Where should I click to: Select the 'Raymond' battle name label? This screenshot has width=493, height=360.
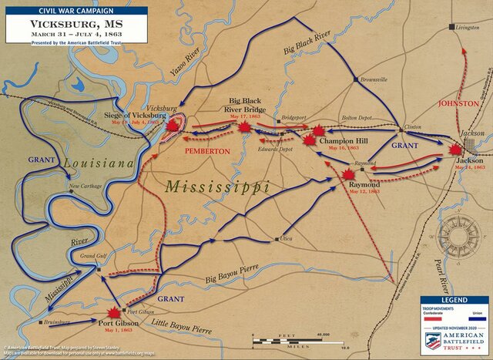(364, 186)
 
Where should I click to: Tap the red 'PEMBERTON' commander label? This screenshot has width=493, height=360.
(207, 151)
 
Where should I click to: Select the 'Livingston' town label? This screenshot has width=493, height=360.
(466, 28)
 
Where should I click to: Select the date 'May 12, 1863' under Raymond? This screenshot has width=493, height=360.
(364, 193)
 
